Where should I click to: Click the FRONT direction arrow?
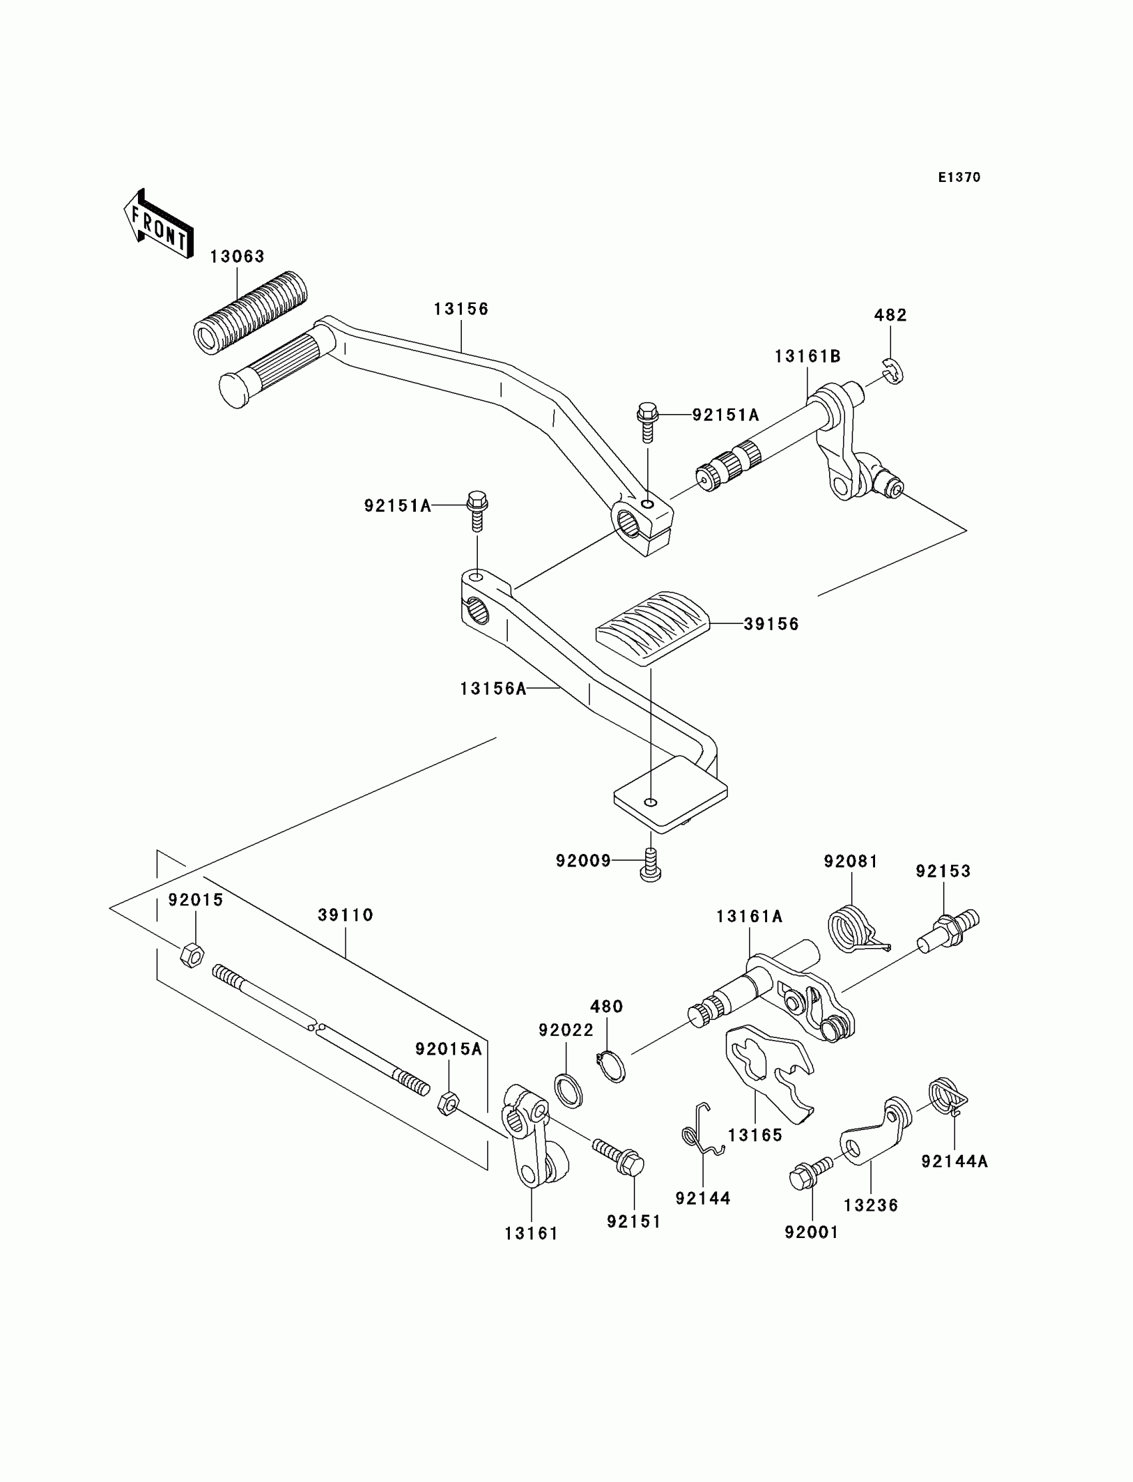159,225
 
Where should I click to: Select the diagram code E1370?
959,177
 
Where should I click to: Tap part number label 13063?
237,256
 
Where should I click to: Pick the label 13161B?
807,356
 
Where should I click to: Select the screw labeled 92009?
650,865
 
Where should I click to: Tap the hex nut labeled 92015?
192,956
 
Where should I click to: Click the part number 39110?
345,915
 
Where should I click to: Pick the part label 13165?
755,1135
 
